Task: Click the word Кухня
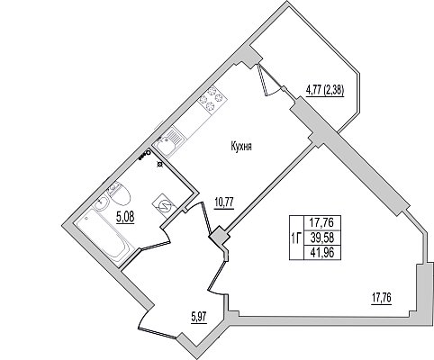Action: [x=241, y=147]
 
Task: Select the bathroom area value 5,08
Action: [x=125, y=217]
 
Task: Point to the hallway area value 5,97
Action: [x=199, y=317]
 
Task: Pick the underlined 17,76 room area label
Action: [x=382, y=299]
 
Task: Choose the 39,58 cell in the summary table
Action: [x=322, y=238]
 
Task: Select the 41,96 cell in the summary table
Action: [x=322, y=253]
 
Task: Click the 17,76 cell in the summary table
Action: [x=322, y=223]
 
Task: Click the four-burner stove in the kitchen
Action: [x=212, y=98]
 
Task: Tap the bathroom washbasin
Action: [x=102, y=203]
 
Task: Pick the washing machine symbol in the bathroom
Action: [x=164, y=203]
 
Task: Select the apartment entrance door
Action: [x=158, y=324]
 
